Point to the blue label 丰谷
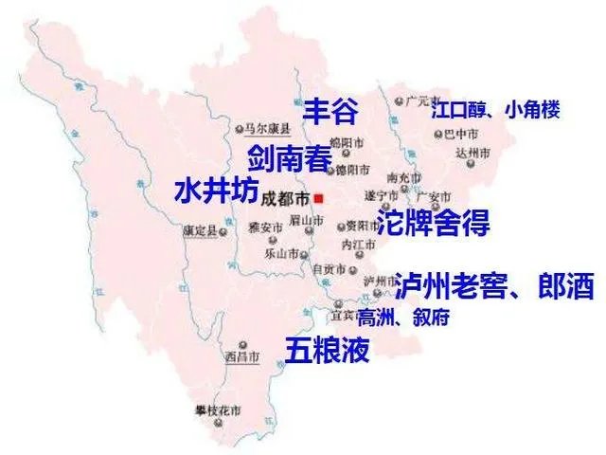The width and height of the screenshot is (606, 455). click(330, 113)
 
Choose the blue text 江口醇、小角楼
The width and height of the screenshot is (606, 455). click(495, 111)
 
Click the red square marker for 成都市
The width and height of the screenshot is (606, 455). click(320, 198)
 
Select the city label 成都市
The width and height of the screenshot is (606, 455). click(285, 199)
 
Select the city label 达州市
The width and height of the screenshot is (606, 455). click(472, 153)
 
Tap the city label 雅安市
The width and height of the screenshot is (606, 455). click(266, 227)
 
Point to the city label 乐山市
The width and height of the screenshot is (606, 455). click(283, 254)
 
